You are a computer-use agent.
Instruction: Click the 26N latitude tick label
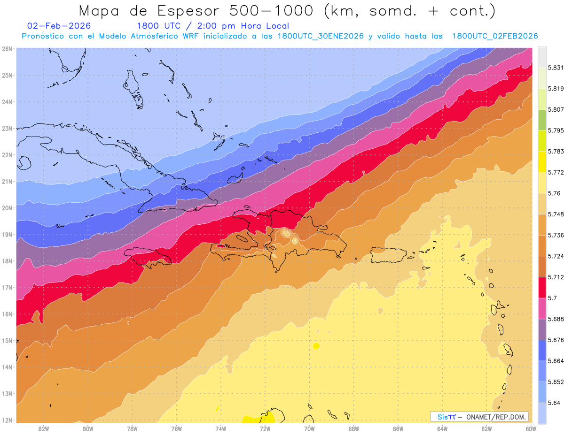(x=7, y=48)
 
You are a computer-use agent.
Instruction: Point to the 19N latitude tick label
(x=7, y=234)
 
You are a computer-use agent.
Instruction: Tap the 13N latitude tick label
(x=7, y=393)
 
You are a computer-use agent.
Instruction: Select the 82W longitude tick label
(x=44, y=428)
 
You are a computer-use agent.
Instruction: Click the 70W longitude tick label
(x=309, y=428)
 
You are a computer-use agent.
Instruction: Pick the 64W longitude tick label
(x=442, y=428)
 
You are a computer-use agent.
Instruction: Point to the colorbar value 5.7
(x=552, y=298)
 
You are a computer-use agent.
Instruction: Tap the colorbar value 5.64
(x=553, y=403)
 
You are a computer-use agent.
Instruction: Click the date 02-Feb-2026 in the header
(x=59, y=26)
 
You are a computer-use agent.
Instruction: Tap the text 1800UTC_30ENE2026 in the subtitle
(x=321, y=36)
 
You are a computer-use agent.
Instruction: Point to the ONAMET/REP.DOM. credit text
(x=496, y=417)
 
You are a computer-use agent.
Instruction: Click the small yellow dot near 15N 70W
(x=316, y=346)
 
